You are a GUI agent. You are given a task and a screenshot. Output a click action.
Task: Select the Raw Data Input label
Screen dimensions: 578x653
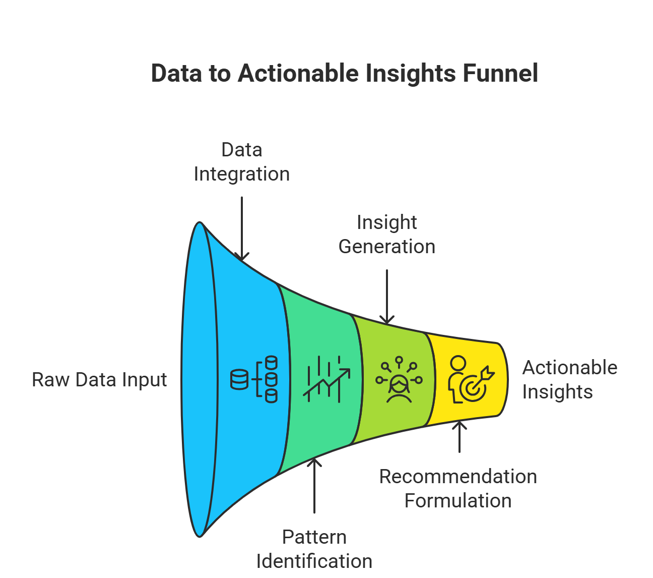click(99, 380)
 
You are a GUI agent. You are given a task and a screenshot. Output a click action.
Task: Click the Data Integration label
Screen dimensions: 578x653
click(241, 162)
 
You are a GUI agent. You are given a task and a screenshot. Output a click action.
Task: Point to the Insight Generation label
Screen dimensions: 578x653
click(386, 235)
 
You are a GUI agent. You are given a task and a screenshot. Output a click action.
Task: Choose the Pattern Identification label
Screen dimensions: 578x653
click(314, 549)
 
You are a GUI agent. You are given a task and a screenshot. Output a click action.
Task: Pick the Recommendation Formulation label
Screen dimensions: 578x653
click(458, 489)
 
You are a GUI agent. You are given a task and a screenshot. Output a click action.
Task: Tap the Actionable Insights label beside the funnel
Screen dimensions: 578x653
click(569, 380)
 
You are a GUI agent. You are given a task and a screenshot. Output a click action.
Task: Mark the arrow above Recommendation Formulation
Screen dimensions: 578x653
click(460, 437)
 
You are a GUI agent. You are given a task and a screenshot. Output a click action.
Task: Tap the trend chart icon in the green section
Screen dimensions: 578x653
click(326, 379)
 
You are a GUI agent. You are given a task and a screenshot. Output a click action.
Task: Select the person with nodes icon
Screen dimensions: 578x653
click(399, 380)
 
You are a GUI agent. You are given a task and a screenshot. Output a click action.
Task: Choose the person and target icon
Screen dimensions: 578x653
click(471, 379)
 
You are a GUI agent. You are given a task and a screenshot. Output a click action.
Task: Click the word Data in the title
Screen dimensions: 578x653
click(176, 73)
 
